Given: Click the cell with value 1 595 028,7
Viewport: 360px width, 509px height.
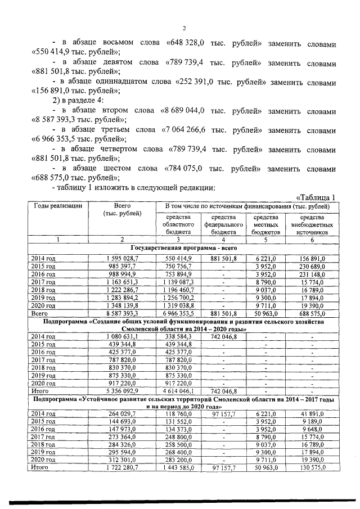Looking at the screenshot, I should click(x=122, y=258).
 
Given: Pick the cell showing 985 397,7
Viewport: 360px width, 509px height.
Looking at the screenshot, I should click(x=122, y=265).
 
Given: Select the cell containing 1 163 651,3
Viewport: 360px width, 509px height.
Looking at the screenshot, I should click(x=122, y=281).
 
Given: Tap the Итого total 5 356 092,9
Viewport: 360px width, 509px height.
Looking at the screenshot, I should click(x=122, y=390).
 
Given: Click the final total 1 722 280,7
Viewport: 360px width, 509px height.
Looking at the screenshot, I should click(x=122, y=467).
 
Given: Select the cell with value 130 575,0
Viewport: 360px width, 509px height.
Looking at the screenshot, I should click(x=312, y=467).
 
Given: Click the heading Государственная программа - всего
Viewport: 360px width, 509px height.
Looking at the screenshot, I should click(x=183, y=248).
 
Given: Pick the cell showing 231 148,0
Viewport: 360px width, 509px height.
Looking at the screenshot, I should click(x=312, y=273).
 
